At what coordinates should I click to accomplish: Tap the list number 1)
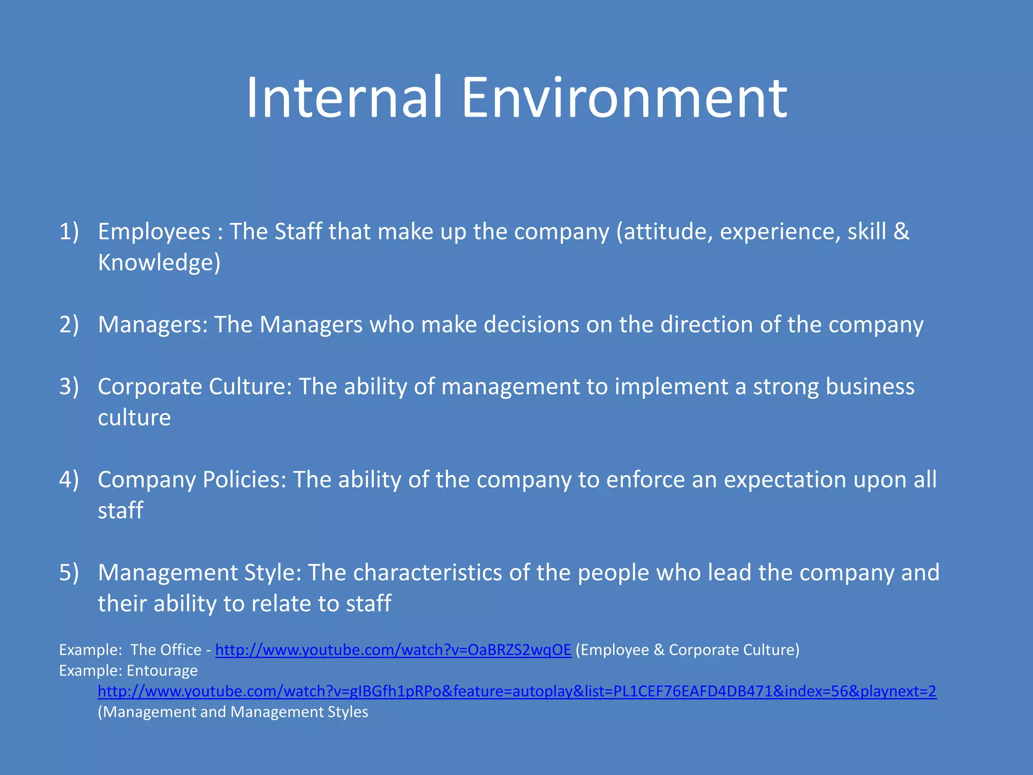69,232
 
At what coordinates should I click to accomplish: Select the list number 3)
69,386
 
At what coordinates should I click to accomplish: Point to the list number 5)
69,573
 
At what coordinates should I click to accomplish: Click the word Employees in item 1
154,232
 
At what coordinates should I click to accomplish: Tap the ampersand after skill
901,232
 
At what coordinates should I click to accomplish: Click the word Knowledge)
159,262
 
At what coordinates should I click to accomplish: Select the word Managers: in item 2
153,324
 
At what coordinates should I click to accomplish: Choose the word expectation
785,479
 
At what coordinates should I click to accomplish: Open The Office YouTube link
393,650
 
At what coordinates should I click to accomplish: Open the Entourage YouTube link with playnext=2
517,691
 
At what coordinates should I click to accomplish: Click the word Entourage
162,671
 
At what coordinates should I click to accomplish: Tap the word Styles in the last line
348,712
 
